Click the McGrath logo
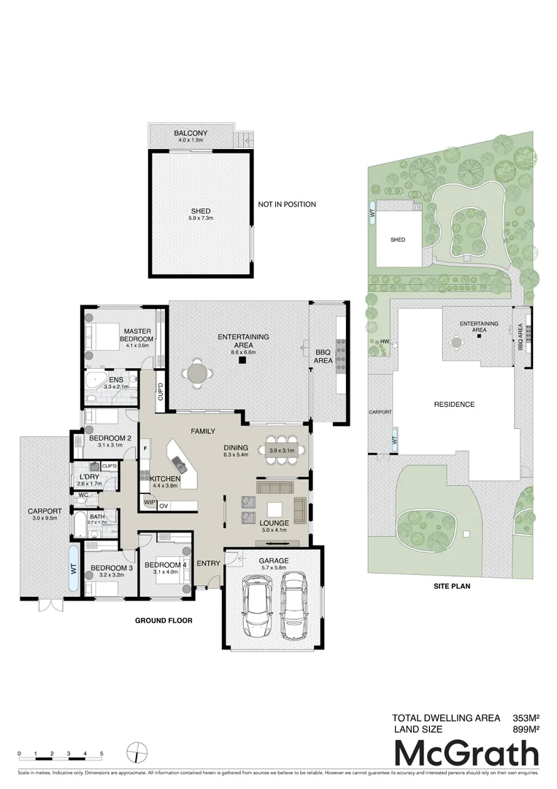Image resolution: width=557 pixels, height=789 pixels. (466, 754)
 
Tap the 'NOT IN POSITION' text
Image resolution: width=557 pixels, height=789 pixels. (287, 205)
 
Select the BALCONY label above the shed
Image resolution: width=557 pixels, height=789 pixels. (191, 134)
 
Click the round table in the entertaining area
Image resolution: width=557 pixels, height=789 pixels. (197, 373)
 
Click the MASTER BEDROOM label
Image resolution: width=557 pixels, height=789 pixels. (137, 335)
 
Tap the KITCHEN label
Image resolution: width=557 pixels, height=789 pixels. (165, 479)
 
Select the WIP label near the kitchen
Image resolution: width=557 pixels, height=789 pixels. (149, 503)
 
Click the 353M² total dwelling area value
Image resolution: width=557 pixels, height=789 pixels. (523, 718)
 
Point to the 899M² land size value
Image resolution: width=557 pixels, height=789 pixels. (523, 729)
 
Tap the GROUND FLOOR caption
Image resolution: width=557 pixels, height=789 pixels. (164, 621)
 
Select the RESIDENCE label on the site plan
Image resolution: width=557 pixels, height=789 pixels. (454, 404)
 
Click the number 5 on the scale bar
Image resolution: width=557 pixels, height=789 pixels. (101, 753)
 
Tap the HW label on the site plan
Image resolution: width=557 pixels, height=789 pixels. (383, 341)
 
